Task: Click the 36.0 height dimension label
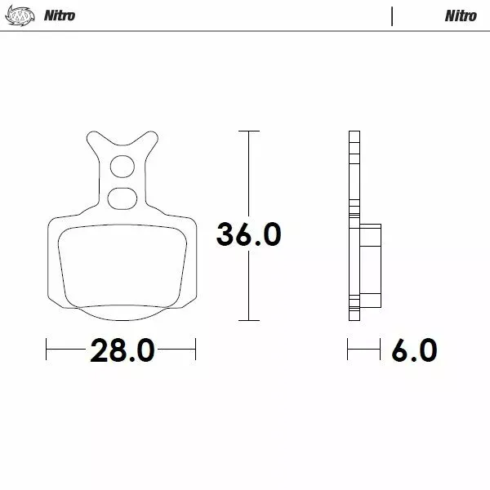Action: point(249,234)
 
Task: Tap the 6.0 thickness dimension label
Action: point(413,351)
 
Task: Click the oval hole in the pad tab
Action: point(122,196)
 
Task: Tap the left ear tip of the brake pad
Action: point(88,136)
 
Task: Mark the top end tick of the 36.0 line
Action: point(248,131)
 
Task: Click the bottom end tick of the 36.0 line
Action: point(248,320)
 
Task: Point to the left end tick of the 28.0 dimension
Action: point(47,351)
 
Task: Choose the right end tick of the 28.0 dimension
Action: point(196,351)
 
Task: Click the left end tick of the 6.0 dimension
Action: point(349,351)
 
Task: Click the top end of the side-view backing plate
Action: point(354,133)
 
